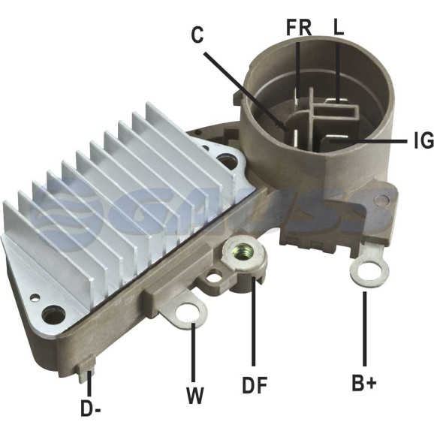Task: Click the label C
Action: tap(197, 35)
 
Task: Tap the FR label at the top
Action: tap(299, 27)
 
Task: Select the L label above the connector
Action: tap(339, 27)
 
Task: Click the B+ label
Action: tap(364, 383)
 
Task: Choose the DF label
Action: tap(255, 385)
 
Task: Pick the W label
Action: tap(195, 396)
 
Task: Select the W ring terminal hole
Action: tap(188, 314)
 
